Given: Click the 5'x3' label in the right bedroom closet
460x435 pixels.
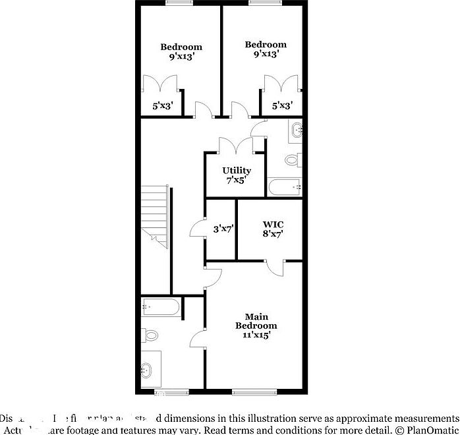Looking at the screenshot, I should pyautogui.click(x=282, y=105).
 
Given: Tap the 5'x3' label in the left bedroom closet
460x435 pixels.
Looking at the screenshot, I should pyautogui.click(x=163, y=105).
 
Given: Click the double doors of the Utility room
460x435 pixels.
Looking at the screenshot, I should pyautogui.click(x=236, y=145).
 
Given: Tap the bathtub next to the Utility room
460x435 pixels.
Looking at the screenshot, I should pyautogui.click(x=285, y=187).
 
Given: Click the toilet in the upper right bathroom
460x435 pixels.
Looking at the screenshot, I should pyautogui.click(x=294, y=159).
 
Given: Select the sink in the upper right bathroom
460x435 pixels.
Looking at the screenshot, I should pyautogui.click(x=296, y=130).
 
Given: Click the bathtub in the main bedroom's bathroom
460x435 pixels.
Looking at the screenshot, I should pyautogui.click(x=161, y=307).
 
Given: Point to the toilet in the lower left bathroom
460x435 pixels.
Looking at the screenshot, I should pyautogui.click(x=151, y=335).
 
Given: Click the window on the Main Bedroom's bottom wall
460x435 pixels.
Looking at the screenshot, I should pyautogui.click(x=255, y=392).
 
